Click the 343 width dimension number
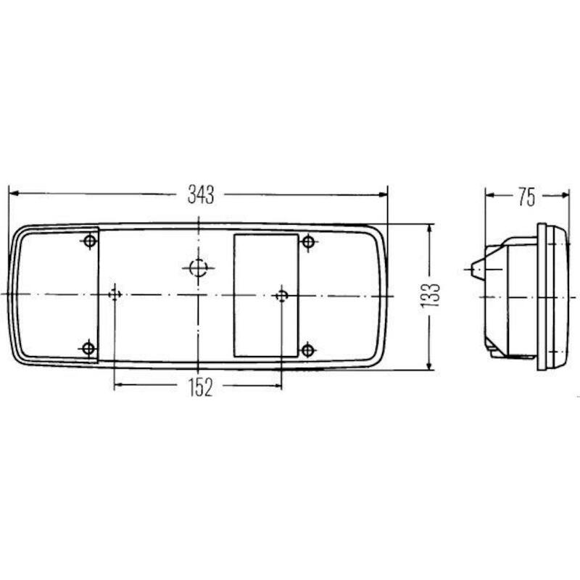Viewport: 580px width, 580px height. [201, 194]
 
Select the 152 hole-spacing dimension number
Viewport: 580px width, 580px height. [201, 388]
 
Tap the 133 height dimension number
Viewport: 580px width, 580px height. [430, 295]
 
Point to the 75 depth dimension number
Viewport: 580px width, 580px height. [527, 196]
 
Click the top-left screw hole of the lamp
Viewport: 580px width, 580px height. [90, 241]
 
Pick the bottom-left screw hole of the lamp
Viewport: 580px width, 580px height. [88, 349]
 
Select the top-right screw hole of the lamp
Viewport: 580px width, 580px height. [308, 242]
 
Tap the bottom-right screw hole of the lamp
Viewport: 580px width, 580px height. [307, 350]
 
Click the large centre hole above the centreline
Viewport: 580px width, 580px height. [198, 268]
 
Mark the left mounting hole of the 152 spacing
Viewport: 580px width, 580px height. [115, 295]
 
